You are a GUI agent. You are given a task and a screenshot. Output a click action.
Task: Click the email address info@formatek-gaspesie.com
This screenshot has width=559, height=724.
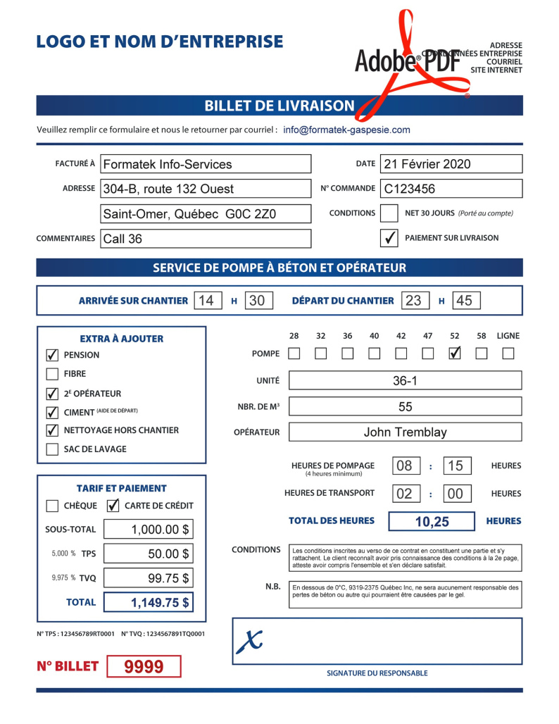click(346, 130)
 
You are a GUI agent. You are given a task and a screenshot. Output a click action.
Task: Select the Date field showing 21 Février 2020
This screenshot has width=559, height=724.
click(451, 164)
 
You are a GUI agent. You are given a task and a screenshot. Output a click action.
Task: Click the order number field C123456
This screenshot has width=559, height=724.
click(451, 189)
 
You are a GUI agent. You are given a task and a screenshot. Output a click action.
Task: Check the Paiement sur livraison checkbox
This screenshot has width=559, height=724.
click(389, 238)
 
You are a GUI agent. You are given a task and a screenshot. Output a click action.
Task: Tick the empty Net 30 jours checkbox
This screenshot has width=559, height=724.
click(389, 213)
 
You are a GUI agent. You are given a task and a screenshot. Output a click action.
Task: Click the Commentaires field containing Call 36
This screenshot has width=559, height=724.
click(206, 239)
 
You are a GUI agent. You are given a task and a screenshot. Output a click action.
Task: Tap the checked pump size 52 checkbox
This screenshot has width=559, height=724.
click(455, 353)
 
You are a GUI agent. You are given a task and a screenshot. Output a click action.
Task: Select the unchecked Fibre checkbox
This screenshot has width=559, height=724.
click(52, 374)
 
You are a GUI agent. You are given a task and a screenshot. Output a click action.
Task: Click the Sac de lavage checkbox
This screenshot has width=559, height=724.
click(52, 449)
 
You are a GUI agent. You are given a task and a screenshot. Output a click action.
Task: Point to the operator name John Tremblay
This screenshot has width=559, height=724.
click(405, 432)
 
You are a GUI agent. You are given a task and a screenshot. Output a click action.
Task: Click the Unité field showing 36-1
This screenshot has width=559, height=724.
click(405, 381)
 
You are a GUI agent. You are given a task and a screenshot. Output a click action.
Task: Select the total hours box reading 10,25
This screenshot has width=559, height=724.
click(432, 522)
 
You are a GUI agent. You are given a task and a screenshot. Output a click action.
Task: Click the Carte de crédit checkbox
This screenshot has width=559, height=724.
click(113, 506)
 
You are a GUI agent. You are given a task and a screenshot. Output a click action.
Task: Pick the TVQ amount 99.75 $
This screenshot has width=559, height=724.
click(149, 579)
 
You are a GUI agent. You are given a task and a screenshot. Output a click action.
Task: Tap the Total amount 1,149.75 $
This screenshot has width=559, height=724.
click(149, 603)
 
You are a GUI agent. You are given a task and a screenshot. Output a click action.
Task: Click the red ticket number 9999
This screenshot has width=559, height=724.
click(144, 666)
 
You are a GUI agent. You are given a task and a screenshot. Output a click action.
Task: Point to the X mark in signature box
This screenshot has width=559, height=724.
click(249, 639)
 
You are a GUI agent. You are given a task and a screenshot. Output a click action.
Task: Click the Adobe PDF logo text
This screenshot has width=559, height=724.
click(407, 62)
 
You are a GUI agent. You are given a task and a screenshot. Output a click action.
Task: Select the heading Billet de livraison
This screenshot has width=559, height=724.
click(279, 106)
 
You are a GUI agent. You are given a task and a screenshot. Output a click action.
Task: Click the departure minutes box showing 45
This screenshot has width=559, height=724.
click(465, 301)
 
